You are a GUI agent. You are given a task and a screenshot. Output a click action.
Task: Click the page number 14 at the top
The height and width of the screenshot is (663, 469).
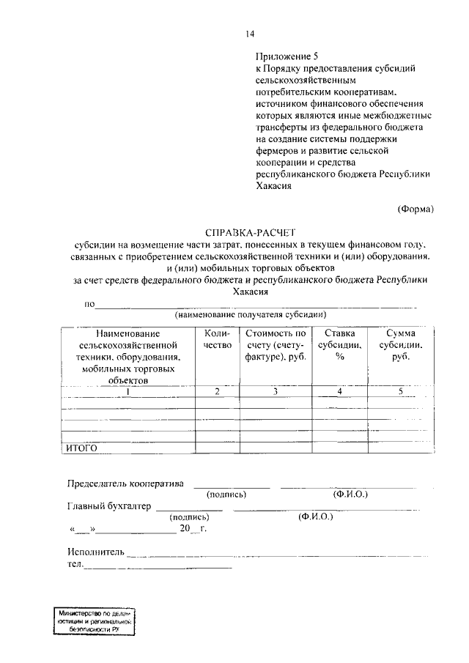(x=250, y=33)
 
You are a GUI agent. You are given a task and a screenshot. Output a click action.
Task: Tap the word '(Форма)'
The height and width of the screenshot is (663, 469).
(x=416, y=208)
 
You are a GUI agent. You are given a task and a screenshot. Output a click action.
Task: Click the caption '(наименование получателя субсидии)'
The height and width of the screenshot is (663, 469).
(x=250, y=314)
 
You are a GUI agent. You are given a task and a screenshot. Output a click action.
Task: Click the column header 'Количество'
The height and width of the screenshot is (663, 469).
(x=217, y=338)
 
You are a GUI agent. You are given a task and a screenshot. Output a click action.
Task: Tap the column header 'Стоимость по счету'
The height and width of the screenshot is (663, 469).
(x=275, y=344)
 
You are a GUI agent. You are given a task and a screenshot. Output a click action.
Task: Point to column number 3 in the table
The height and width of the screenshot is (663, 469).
(x=275, y=391)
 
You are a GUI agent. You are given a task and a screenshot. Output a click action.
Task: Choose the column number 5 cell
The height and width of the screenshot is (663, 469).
(x=400, y=391)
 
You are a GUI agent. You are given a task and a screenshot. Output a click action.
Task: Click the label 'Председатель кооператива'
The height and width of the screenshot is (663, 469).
(x=126, y=484)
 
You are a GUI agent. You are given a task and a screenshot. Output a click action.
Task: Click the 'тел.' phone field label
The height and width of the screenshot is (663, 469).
(x=75, y=564)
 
